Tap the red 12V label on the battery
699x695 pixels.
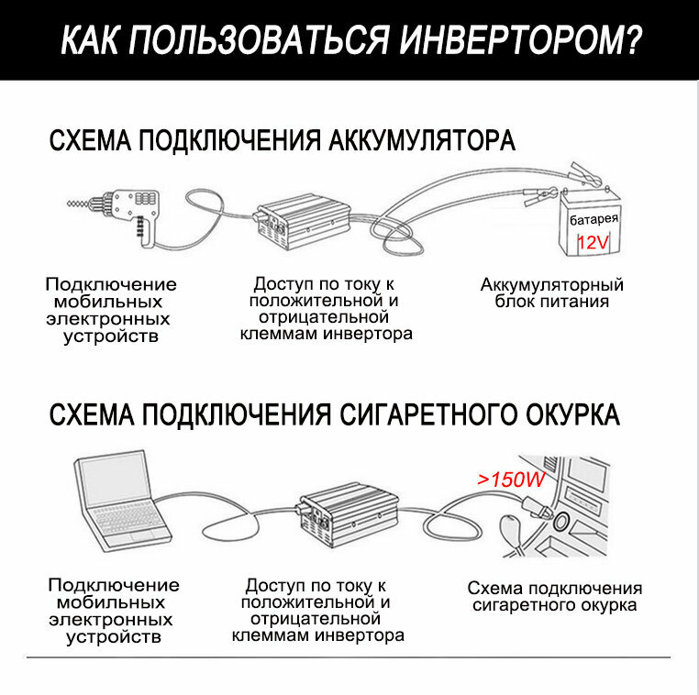pyautogui.click(x=593, y=243)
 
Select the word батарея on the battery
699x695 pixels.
pyautogui.click(x=594, y=221)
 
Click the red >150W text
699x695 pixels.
pyautogui.click(x=511, y=480)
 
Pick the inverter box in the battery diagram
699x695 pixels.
pyautogui.click(x=298, y=220)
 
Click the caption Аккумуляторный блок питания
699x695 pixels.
pyautogui.click(x=551, y=292)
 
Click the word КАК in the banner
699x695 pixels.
pyautogui.click(x=91, y=41)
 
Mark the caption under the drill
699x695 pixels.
pyautogui.click(x=111, y=310)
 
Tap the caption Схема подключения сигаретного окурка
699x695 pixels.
pyautogui.click(x=554, y=597)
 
